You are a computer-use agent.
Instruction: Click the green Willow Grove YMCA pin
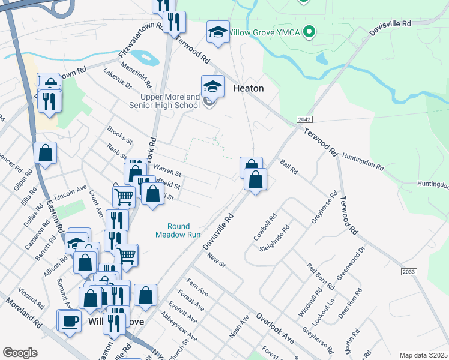point(309,31)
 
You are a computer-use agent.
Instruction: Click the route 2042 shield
point(304,120)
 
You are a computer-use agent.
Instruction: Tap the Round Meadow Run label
point(178,230)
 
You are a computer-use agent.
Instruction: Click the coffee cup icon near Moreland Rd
point(70,321)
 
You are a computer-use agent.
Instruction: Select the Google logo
point(20,353)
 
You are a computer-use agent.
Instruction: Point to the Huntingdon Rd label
point(363,160)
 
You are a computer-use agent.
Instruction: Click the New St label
point(215,260)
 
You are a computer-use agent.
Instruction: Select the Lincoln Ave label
point(71,193)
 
